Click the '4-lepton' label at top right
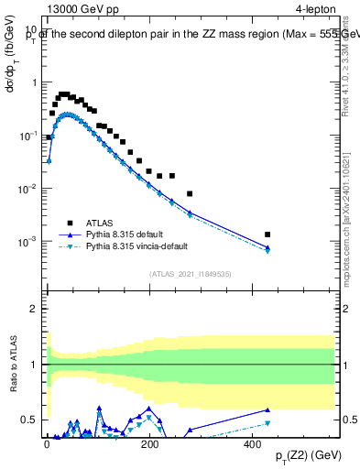pyautogui.click(x=316, y=9)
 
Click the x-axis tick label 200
pyautogui.click(x=150, y=444)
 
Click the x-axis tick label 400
pyautogui.click(x=254, y=444)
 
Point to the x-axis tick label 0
pyautogui.click(x=47, y=444)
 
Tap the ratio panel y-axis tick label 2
pyautogui.click(x=33, y=309)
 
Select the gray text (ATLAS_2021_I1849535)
pyautogui.click(x=189, y=273)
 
